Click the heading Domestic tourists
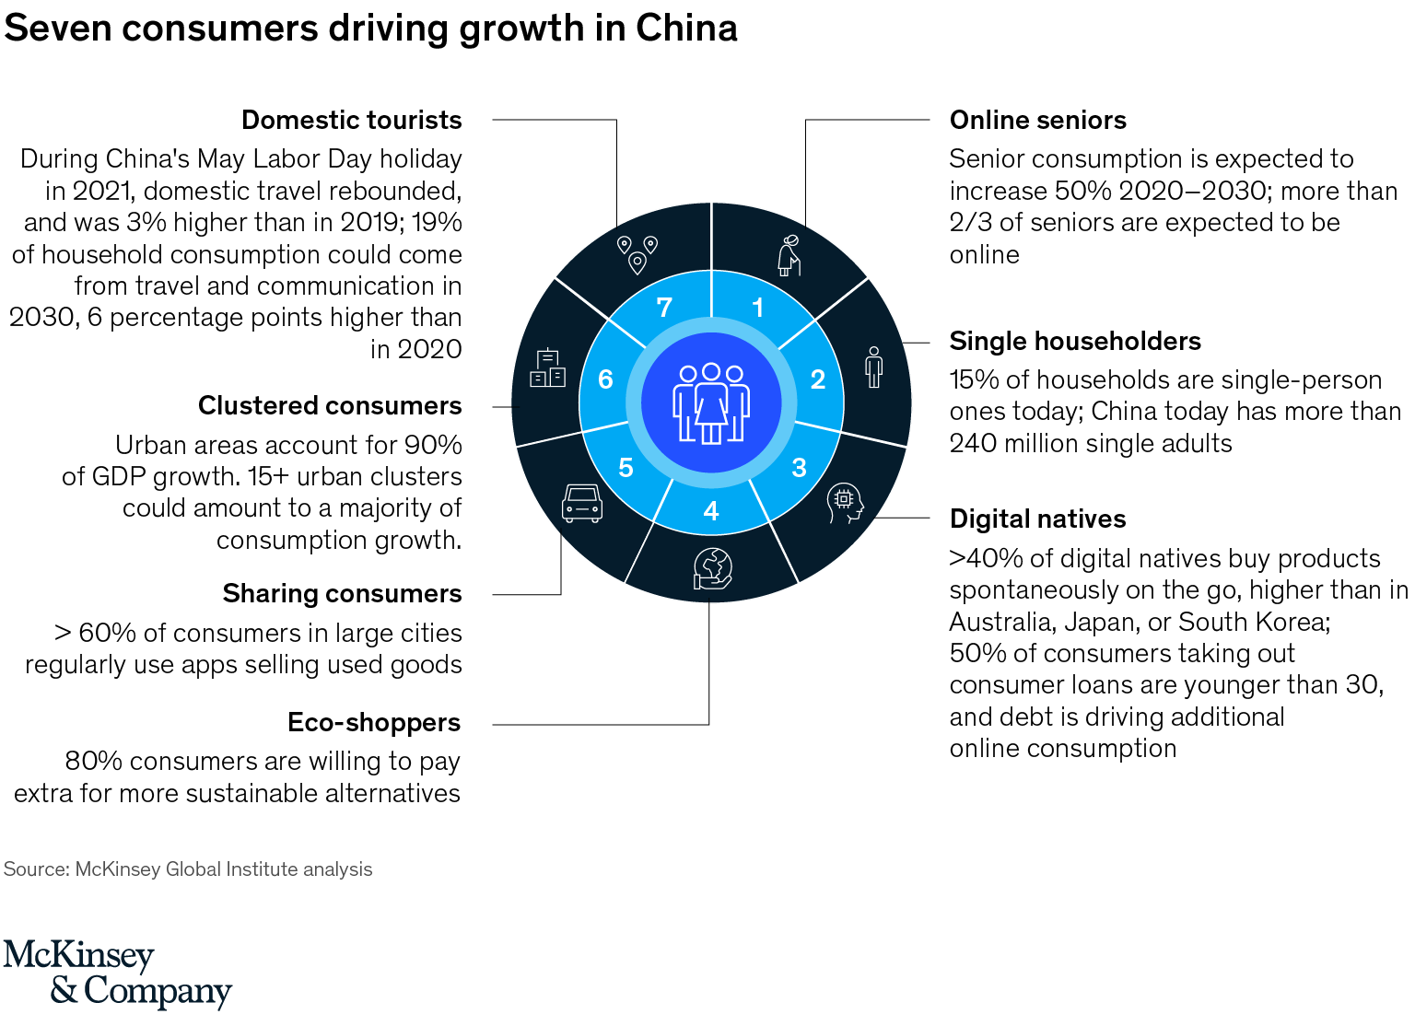(351, 121)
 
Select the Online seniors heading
(1037, 121)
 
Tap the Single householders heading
(1075, 342)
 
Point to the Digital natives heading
(1037, 519)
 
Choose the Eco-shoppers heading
(373, 723)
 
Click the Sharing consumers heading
(342, 594)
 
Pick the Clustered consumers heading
(330, 406)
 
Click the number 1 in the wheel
(757, 308)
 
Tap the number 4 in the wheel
(710, 511)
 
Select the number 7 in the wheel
(664, 308)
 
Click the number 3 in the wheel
(799, 468)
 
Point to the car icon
(582, 503)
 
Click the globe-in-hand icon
(713, 568)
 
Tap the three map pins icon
(637, 254)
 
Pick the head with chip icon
(845, 503)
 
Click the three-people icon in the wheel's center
(710, 402)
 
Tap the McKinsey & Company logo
(117, 974)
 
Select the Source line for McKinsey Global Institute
(188, 869)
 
